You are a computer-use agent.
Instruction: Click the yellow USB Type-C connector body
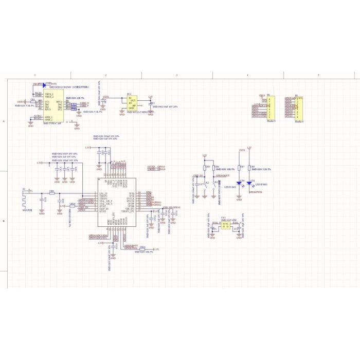tap(51, 106)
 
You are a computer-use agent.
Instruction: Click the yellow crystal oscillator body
tap(225, 225)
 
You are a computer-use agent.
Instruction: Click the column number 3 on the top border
tap(176, 76)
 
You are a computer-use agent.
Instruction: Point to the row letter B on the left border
tap(5, 221)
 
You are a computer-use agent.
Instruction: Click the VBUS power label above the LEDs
tap(242, 150)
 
